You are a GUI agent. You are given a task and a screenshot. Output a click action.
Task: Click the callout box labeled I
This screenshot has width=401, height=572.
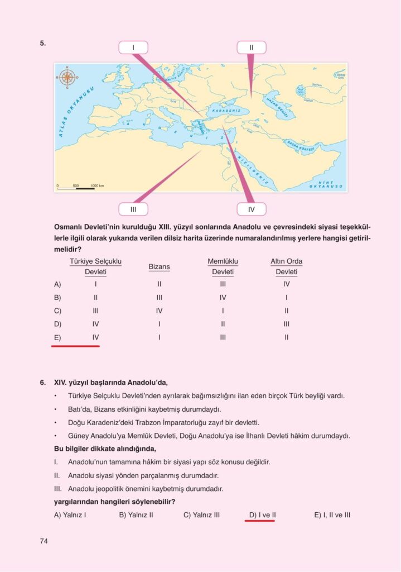click(x=133, y=47)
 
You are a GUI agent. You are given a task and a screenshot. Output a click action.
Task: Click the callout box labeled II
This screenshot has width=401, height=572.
click(x=251, y=47)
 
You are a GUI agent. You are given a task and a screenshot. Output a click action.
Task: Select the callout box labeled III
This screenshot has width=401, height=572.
click(x=133, y=209)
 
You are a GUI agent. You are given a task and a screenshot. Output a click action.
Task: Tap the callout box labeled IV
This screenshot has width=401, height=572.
click(x=251, y=209)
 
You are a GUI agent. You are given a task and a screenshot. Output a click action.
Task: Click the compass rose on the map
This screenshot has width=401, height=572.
click(x=68, y=77)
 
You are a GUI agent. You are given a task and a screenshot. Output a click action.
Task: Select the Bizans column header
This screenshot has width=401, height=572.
click(x=159, y=267)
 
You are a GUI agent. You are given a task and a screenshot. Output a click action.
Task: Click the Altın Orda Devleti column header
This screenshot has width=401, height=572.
click(x=286, y=266)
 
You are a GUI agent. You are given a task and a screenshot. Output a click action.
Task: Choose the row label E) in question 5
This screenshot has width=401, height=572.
click(x=57, y=337)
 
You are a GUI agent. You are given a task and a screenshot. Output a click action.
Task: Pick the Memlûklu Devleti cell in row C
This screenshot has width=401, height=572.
click(x=223, y=311)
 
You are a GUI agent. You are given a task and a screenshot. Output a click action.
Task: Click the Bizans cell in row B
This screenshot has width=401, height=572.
click(x=159, y=297)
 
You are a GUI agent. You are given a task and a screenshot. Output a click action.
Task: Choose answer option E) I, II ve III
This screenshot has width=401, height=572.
click(x=332, y=515)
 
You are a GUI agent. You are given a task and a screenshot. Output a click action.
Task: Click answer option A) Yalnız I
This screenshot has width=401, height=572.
click(x=70, y=515)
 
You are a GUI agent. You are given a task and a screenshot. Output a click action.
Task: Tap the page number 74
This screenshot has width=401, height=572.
click(x=44, y=541)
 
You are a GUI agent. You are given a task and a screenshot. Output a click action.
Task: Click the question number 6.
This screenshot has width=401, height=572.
click(x=42, y=383)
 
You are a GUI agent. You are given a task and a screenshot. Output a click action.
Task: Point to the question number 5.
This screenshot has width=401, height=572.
click(x=42, y=42)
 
